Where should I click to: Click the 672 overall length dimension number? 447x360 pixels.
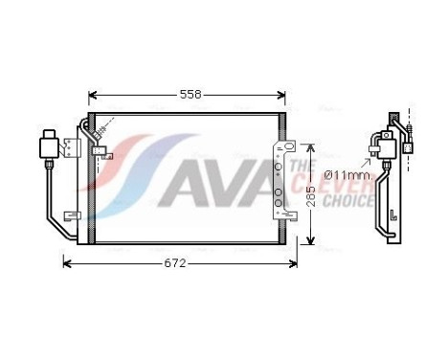click(174, 263)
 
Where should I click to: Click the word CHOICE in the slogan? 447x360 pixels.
click(348, 201)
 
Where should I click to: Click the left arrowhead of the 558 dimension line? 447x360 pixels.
click(92, 96)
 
